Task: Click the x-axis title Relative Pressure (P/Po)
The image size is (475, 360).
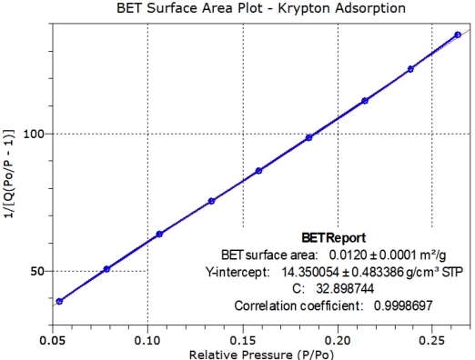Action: point(258,351)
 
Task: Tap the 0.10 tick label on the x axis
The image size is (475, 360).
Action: point(147,335)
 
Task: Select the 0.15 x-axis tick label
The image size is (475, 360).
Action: point(242,335)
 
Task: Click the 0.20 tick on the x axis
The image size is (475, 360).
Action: point(338,335)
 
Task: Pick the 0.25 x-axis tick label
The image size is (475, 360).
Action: point(431,335)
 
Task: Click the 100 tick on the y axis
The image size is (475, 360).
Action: point(35,134)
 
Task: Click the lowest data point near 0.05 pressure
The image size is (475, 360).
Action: point(59,301)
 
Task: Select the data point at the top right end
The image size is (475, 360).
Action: point(457,35)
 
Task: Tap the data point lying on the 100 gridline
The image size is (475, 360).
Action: point(309,137)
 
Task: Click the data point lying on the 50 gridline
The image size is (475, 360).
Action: point(106,269)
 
